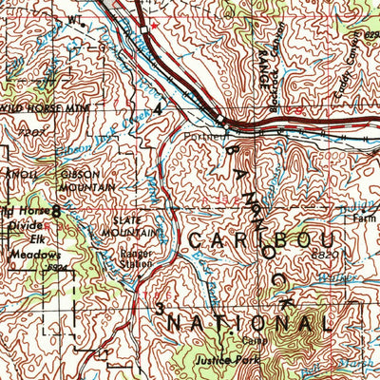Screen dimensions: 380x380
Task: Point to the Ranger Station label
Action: pos(134,259)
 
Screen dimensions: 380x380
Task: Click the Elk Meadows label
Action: pos(30,248)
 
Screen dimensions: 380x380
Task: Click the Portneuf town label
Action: pos(200,135)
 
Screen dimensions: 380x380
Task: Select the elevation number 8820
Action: pos(327,256)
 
